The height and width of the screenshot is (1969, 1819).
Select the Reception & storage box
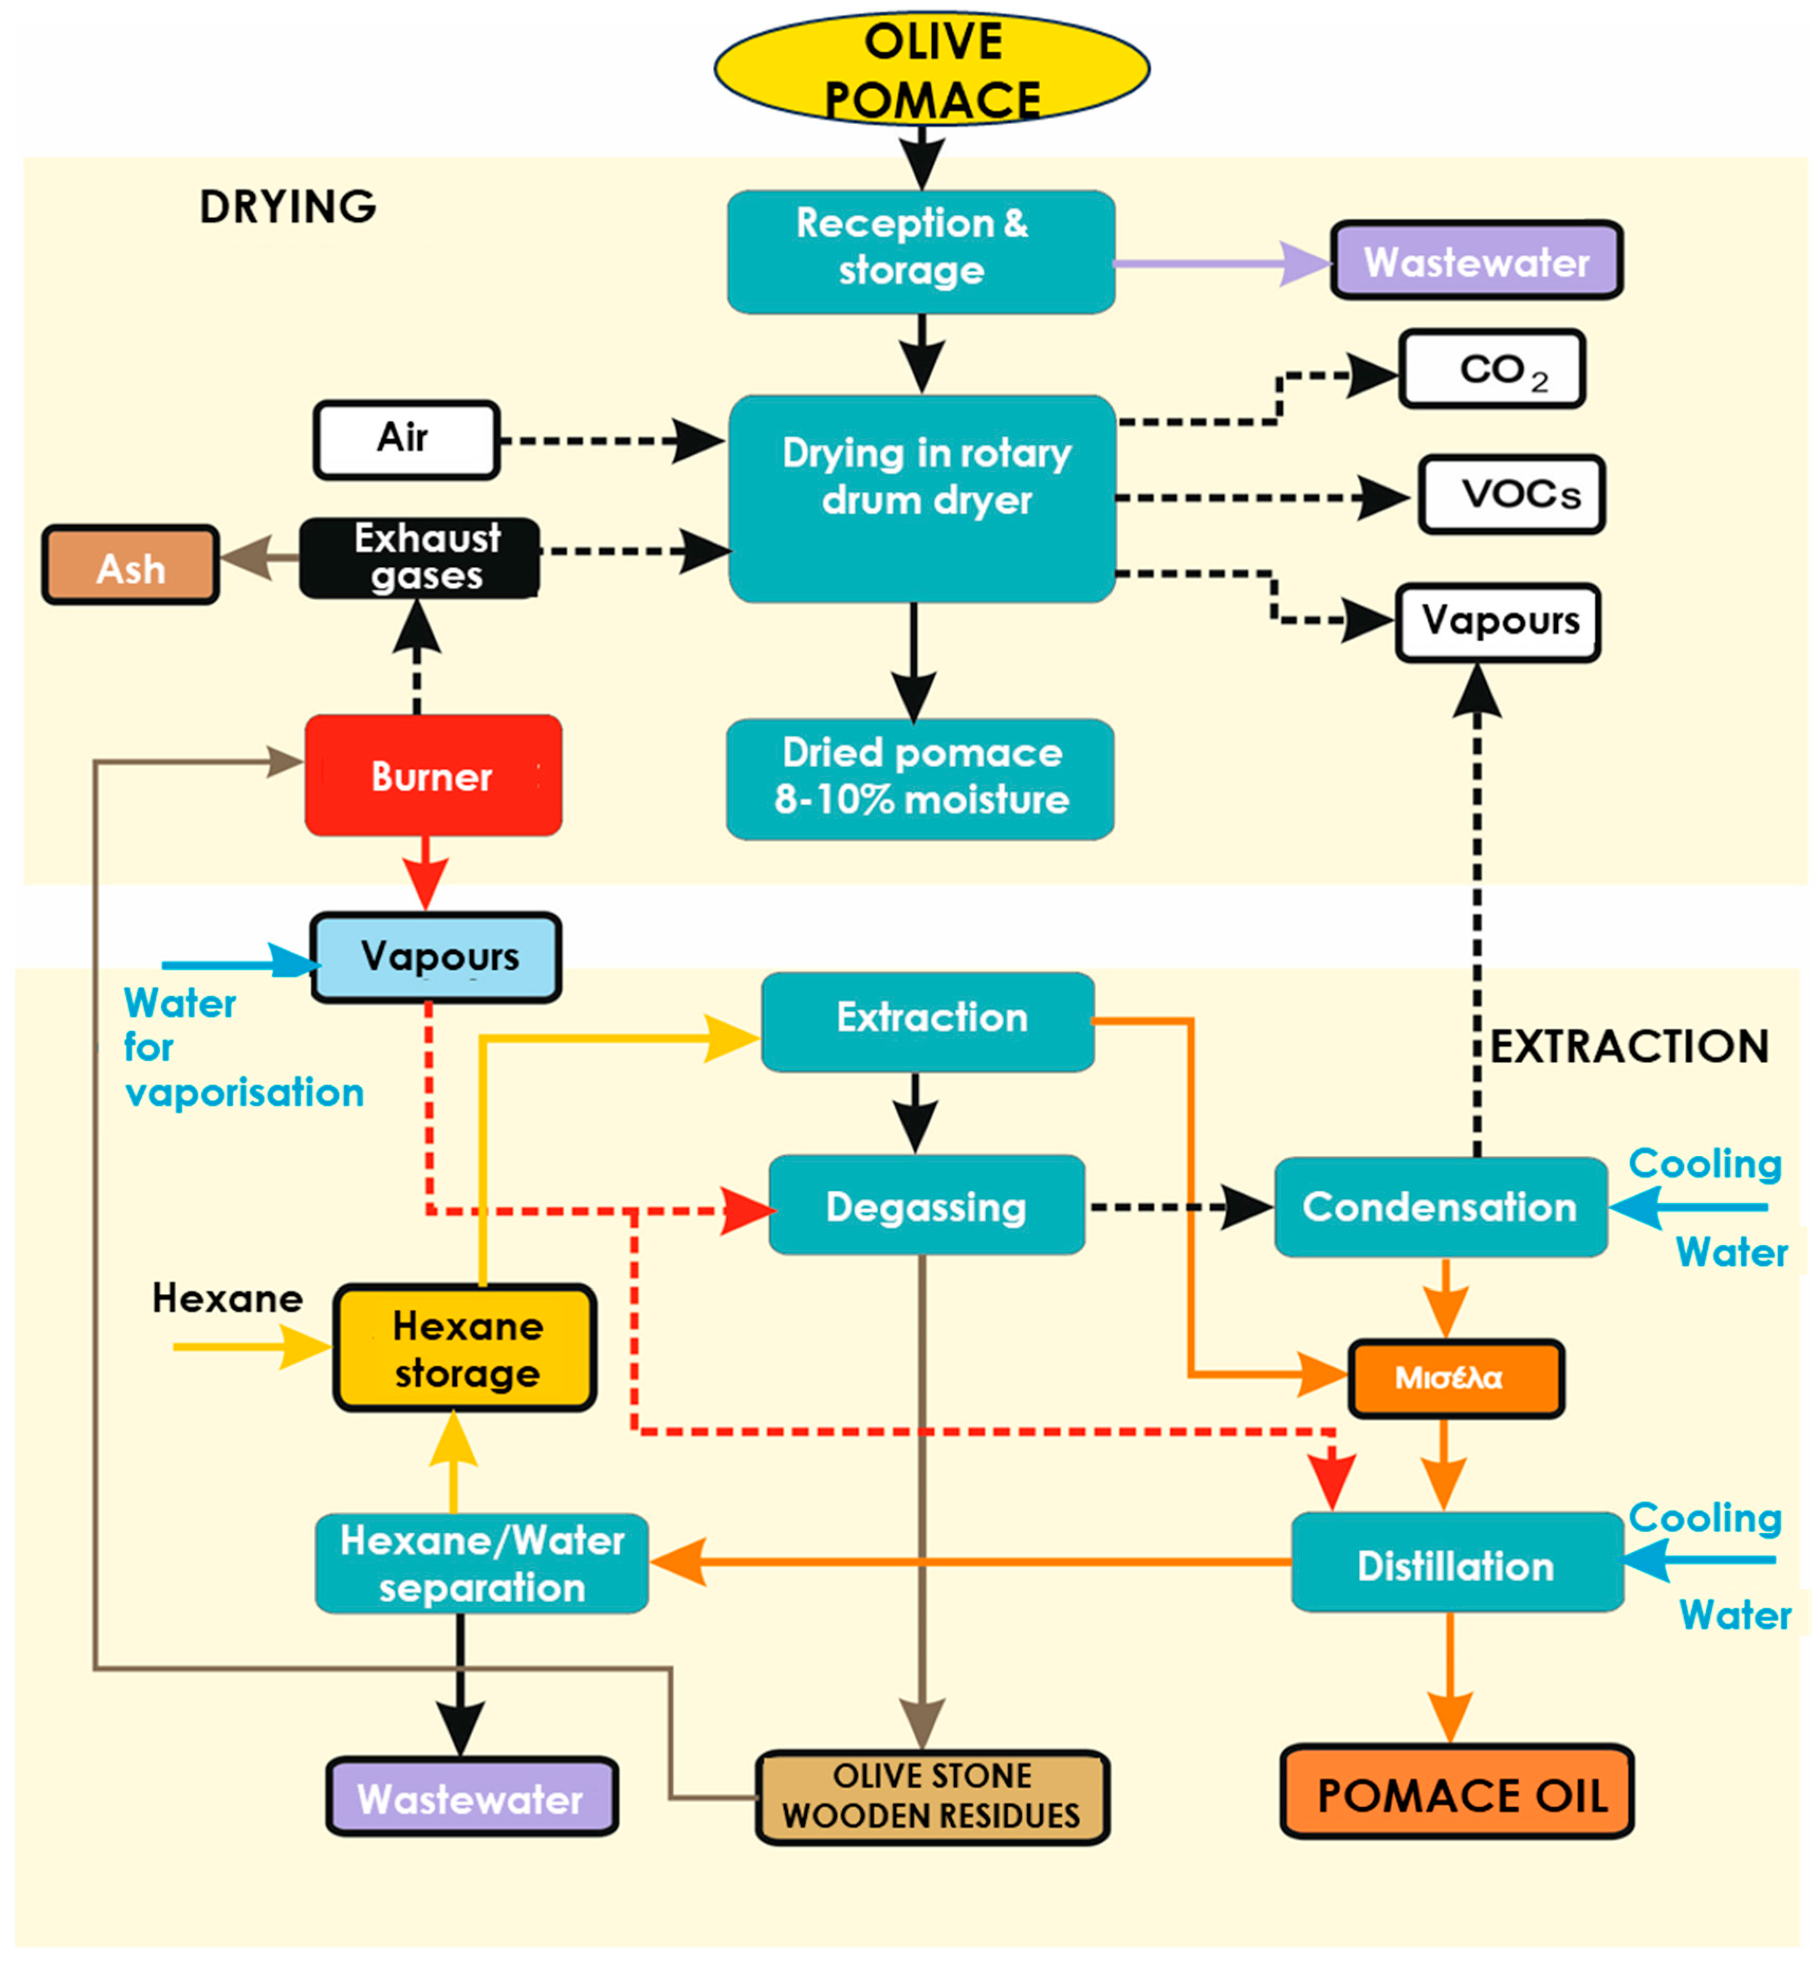coord(920,252)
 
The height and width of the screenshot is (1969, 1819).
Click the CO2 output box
coord(1491,369)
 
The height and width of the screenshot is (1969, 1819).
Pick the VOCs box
coord(1511,494)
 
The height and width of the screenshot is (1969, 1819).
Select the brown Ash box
coord(130,565)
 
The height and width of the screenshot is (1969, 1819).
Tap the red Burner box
coord(433,776)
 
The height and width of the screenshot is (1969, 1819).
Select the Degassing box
coord(926,1205)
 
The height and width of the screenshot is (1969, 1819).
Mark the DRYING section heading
coord(288,207)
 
